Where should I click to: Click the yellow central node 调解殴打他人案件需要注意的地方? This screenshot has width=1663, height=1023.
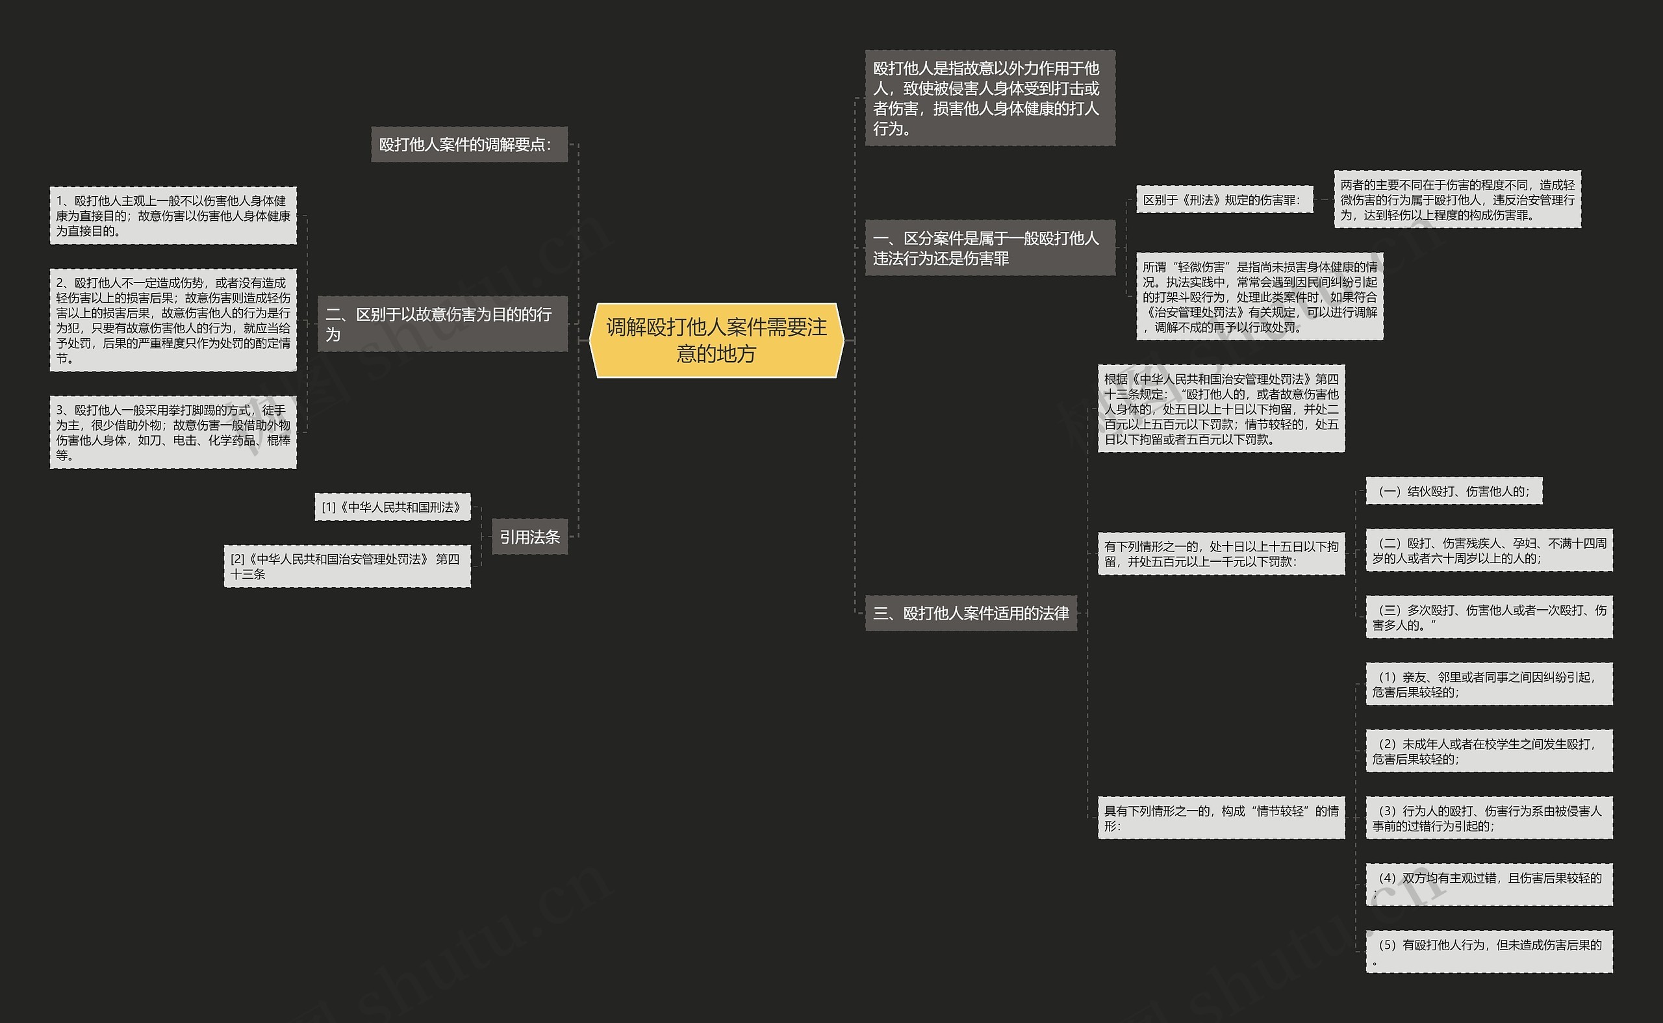pyautogui.click(x=717, y=340)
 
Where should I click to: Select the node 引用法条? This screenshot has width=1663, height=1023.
pyautogui.click(x=529, y=537)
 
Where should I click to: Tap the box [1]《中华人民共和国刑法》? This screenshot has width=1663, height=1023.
pyautogui.click(x=392, y=507)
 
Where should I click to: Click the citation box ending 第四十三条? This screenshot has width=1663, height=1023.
pyautogui.click(x=347, y=566)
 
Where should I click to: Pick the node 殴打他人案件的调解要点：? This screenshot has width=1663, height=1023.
pyautogui.click(x=469, y=144)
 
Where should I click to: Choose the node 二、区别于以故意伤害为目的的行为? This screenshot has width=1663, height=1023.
pyautogui.click(x=442, y=324)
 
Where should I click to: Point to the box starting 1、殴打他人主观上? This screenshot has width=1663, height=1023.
pyautogui.click(x=173, y=216)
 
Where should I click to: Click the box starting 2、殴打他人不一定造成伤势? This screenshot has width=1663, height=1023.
pyautogui.click(x=173, y=320)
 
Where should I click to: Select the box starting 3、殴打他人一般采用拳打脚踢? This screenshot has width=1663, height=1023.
pyautogui.click(x=173, y=433)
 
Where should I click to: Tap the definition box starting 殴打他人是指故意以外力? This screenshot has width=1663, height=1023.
pyautogui.click(x=990, y=98)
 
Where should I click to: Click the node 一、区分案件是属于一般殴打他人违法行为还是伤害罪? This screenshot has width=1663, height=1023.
pyautogui.click(x=990, y=247)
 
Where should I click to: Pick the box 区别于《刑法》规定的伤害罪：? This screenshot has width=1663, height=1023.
pyautogui.click(x=1225, y=199)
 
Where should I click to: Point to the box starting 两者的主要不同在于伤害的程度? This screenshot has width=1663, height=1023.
pyautogui.click(x=1457, y=199)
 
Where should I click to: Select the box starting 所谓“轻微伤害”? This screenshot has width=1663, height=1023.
pyautogui.click(x=1260, y=296)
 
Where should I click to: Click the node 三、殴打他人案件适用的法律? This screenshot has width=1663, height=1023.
pyautogui.click(x=971, y=613)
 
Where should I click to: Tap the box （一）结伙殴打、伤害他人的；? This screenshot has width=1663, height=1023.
pyautogui.click(x=1454, y=491)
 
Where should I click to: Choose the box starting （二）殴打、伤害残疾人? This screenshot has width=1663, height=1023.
pyautogui.click(x=1489, y=550)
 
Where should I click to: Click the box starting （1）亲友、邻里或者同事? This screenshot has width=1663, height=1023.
pyautogui.click(x=1489, y=684)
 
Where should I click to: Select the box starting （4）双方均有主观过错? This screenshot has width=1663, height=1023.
pyautogui.click(x=1489, y=884)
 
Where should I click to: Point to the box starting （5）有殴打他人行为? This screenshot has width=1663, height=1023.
pyautogui.click(x=1489, y=952)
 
